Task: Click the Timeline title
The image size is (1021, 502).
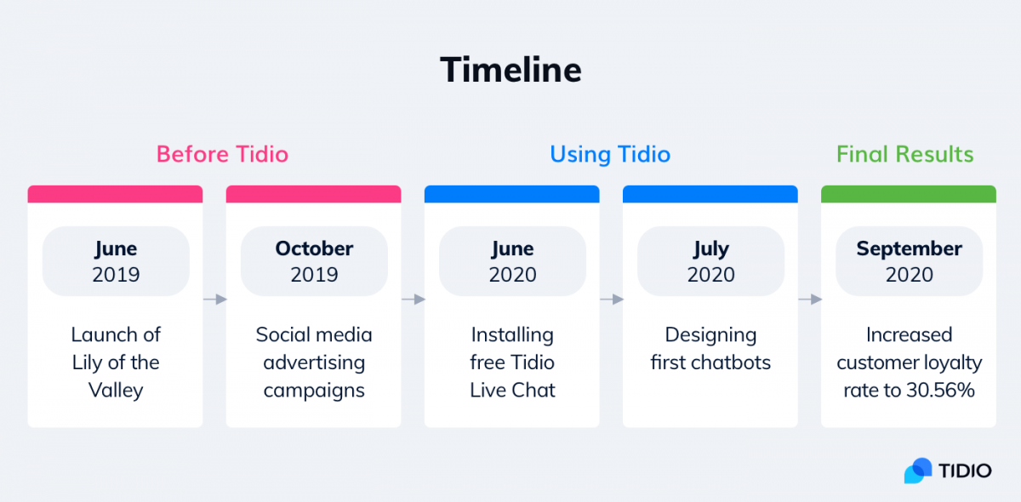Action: pyautogui.click(x=510, y=70)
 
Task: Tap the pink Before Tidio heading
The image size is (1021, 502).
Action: pyautogui.click(x=222, y=154)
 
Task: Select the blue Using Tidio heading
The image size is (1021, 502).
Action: pyautogui.click(x=610, y=154)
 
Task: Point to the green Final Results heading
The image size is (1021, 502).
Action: pyautogui.click(x=904, y=154)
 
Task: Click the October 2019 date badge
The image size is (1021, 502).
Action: pyautogui.click(x=314, y=261)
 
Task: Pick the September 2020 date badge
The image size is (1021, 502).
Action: pyautogui.click(x=909, y=261)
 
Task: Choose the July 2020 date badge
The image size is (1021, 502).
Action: pyautogui.click(x=710, y=261)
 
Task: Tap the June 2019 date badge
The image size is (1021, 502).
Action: pyautogui.click(x=116, y=261)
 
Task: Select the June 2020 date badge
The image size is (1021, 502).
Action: pyautogui.click(x=512, y=261)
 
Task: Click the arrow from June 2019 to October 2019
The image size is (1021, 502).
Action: pyautogui.click(x=215, y=299)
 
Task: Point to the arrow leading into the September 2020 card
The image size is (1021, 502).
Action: pyautogui.click(x=810, y=299)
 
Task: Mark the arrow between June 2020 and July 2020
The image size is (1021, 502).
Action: pyautogui.click(x=612, y=299)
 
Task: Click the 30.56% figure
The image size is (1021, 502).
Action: pyautogui.click(x=940, y=391)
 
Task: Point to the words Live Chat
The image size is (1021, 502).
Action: pyautogui.click(x=512, y=391)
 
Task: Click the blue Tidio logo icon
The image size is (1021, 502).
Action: pyautogui.click(x=918, y=471)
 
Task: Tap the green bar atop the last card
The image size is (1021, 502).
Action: pyautogui.click(x=909, y=194)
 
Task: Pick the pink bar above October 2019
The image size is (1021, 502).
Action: pyautogui.click(x=314, y=194)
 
